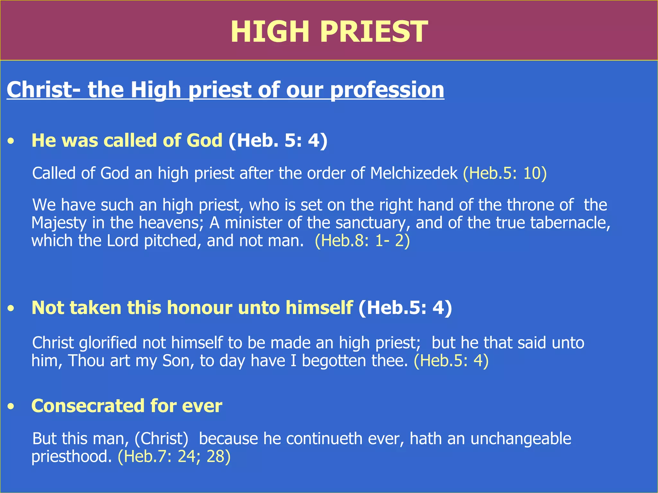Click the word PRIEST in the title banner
(374, 31)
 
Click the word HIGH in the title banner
(270, 31)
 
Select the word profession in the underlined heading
(387, 90)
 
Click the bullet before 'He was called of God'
(12, 141)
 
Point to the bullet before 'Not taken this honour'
(12, 308)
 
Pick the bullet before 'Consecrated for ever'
(12, 407)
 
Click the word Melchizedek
(414, 173)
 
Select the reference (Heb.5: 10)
(505, 173)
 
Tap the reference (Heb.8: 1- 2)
(362, 241)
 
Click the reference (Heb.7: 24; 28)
(174, 456)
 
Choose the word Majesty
(59, 223)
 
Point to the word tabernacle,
(570, 223)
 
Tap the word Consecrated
(88, 406)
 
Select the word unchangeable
(521, 439)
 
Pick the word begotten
(334, 361)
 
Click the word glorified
(108, 343)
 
